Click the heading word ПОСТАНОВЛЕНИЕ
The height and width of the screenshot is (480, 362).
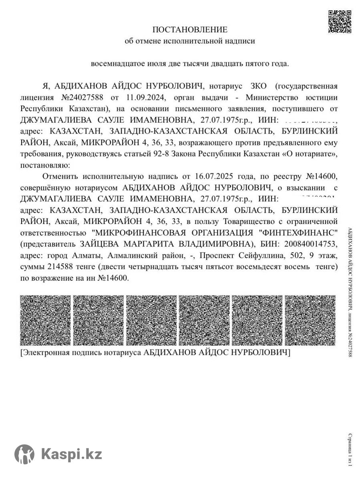(190, 30)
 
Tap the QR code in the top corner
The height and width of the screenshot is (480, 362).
(340, 21)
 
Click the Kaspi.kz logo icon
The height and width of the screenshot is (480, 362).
(24, 454)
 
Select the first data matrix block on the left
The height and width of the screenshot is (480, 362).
(45, 320)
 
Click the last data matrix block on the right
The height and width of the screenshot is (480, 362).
(310, 320)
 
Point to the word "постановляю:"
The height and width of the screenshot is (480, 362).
(44, 165)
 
